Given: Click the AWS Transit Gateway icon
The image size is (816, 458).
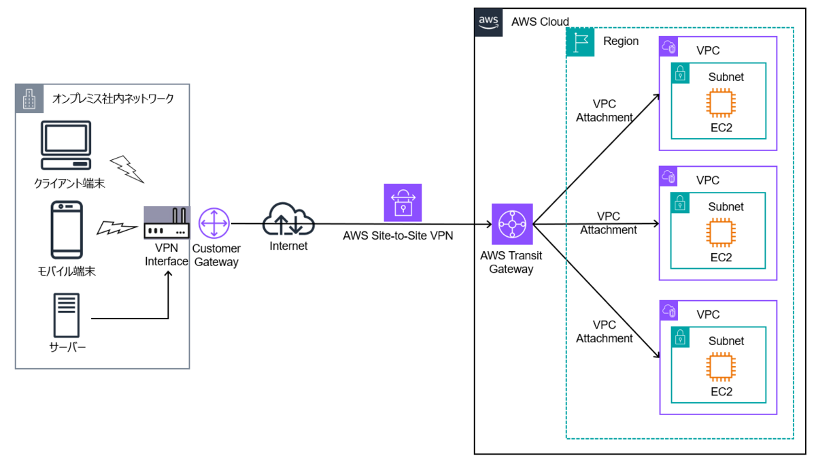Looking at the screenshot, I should [512, 223].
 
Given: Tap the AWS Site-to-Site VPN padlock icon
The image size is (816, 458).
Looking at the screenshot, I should [403, 203].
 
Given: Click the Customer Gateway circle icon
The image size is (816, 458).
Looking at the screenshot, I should [215, 223].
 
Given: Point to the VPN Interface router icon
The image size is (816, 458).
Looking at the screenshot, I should [167, 224].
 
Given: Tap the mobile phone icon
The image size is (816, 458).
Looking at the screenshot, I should [67, 230].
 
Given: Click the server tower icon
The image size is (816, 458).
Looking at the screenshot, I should [67, 315].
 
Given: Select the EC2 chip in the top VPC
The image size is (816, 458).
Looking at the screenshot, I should [721, 103].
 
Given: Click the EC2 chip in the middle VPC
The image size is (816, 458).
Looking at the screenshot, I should [721, 233].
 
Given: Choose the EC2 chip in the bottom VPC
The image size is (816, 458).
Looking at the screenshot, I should [721, 367].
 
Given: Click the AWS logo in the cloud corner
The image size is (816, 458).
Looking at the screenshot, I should [489, 21].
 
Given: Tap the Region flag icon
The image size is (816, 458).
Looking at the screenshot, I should [581, 42].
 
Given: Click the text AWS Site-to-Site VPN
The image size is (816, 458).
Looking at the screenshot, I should [398, 235].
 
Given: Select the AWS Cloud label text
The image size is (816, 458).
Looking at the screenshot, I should [540, 22].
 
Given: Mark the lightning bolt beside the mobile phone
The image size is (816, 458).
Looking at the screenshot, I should [115, 227].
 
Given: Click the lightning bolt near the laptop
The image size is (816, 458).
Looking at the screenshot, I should [127, 168].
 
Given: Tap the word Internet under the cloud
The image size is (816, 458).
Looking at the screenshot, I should [288, 246].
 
